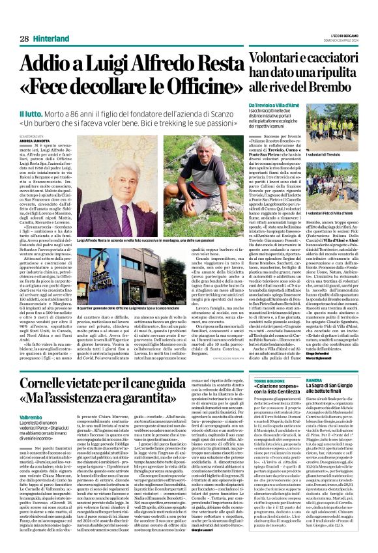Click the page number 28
(x=23, y=38)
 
